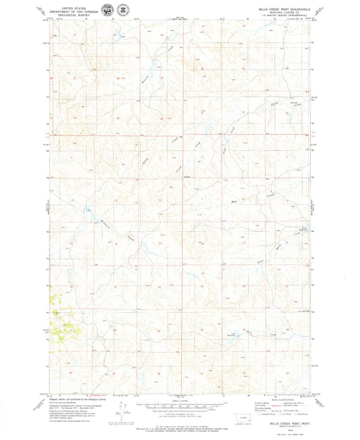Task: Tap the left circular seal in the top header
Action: pos(109,10)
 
